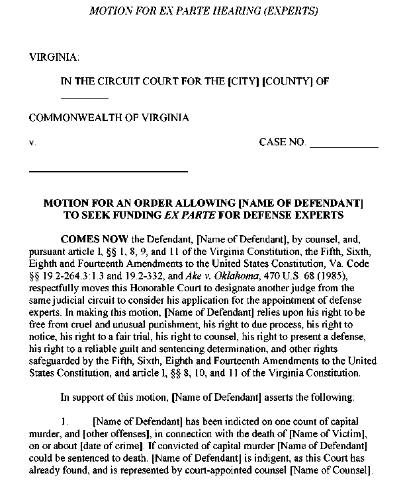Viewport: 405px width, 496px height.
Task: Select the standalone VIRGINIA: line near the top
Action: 54,57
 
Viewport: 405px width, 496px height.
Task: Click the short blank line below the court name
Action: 84,98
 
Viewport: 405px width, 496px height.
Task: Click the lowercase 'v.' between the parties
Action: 32,143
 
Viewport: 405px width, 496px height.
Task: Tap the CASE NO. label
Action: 283,142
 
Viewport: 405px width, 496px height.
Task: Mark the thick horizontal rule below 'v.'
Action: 108,172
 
